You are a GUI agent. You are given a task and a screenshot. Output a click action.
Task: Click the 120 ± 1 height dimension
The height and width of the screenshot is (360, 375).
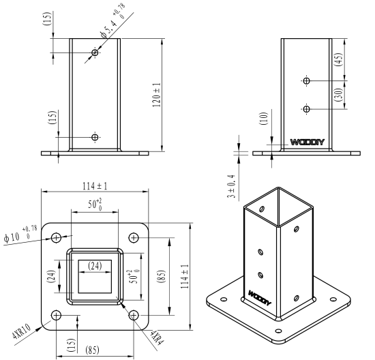pyautogui.click(x=157, y=95)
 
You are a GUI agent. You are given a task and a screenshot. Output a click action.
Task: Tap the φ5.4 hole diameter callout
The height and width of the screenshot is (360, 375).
pyautogui.click(x=113, y=21)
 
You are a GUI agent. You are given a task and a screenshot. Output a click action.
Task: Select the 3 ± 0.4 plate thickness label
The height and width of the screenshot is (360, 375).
pyautogui.click(x=231, y=187)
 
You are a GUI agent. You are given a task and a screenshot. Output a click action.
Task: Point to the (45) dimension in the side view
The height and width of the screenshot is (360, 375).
pyautogui.click(x=339, y=60)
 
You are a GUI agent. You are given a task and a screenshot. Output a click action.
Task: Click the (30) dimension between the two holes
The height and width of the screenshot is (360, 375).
pyautogui.click(x=339, y=95)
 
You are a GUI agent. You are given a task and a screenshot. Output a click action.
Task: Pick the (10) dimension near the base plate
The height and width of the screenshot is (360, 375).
pyautogui.click(x=264, y=119)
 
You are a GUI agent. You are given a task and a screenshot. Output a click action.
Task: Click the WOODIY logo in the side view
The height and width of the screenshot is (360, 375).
pyautogui.click(x=307, y=142)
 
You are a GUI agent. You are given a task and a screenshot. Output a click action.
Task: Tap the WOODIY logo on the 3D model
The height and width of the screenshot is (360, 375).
pyautogui.click(x=260, y=298)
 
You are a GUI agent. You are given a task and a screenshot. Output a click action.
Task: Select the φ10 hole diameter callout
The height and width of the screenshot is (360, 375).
pyautogui.click(x=20, y=234)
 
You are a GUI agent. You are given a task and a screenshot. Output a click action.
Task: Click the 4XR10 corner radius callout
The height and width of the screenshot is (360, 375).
pyautogui.click(x=22, y=331)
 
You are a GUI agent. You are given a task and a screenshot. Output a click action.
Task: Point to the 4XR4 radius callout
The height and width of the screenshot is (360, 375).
pyautogui.click(x=157, y=337)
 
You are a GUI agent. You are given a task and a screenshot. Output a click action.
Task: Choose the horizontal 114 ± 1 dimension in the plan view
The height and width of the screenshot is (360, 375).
pyautogui.click(x=95, y=186)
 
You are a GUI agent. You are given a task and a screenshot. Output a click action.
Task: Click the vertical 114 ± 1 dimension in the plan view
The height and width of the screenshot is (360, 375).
pyautogui.click(x=185, y=276)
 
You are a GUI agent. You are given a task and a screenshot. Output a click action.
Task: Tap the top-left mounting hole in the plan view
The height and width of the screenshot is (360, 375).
pyautogui.click(x=57, y=238)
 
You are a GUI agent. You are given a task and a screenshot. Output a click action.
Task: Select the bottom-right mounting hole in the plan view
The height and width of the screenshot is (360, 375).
pyautogui.click(x=134, y=315)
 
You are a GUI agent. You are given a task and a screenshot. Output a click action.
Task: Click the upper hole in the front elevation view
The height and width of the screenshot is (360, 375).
pyautogui.click(x=95, y=52)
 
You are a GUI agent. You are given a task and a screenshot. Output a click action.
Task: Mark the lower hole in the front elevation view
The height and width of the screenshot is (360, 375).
pyautogui.click(x=95, y=137)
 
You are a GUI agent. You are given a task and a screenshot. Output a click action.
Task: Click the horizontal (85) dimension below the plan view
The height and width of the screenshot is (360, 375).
pyautogui.click(x=92, y=350)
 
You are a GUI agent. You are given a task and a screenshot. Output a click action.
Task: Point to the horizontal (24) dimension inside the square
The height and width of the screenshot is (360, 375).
pyautogui.click(x=95, y=266)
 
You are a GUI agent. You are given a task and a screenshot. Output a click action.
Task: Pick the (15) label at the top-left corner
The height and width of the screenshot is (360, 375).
pyautogui.click(x=47, y=18)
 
